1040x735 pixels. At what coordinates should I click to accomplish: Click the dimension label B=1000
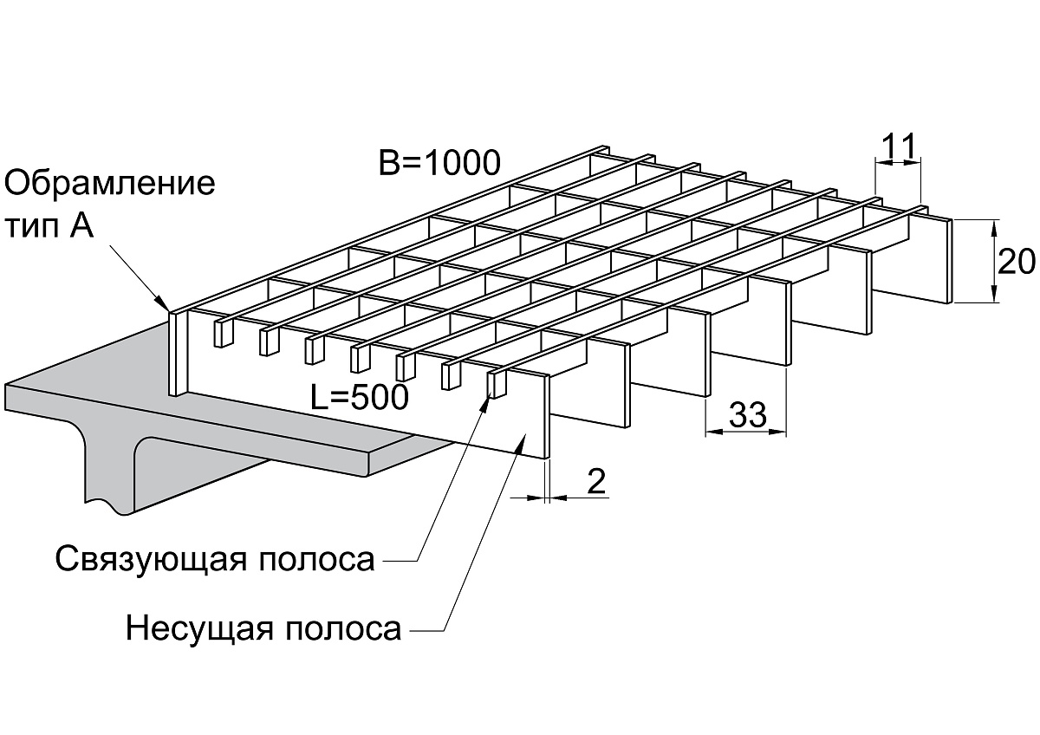click(x=439, y=162)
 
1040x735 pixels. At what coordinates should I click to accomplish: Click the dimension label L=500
click(x=360, y=397)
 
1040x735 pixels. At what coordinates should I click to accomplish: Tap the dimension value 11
click(x=899, y=146)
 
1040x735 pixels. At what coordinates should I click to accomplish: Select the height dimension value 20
click(x=1016, y=262)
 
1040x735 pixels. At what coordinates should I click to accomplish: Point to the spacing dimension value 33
click(x=747, y=413)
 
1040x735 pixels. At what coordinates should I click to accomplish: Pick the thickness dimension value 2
click(x=596, y=481)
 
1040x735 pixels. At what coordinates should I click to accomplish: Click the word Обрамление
click(x=109, y=185)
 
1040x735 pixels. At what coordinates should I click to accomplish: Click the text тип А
click(x=49, y=226)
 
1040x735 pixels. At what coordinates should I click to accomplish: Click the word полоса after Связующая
click(x=316, y=560)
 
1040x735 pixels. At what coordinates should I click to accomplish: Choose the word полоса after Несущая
click(x=342, y=629)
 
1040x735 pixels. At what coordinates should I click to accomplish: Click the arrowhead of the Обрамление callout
click(x=163, y=302)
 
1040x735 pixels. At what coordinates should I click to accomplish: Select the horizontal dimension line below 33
click(x=746, y=432)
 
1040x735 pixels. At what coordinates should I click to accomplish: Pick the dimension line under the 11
click(x=898, y=162)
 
